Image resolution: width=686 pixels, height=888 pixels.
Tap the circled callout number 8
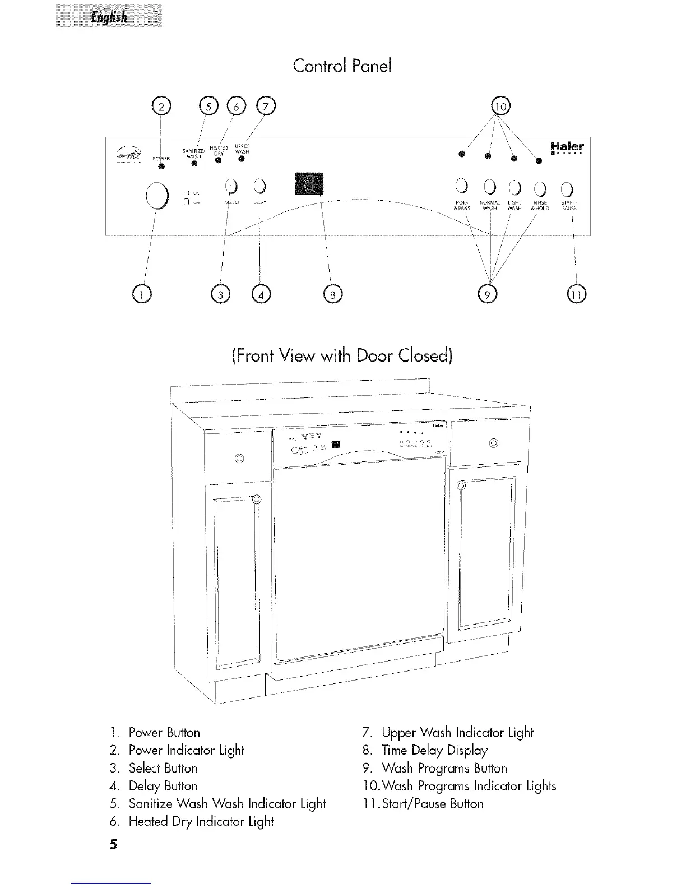pos(332,293)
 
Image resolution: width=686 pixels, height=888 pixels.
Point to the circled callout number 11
pos(576,293)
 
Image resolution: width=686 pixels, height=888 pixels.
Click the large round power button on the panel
pos(157,195)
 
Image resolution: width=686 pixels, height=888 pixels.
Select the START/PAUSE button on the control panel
pos(567,188)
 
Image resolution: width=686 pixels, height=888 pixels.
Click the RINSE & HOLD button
pos(540,188)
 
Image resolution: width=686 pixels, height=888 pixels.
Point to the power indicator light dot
pos(161,166)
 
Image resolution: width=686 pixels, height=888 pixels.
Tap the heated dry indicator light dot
pos(217,161)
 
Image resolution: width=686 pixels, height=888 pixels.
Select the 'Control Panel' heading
pos(342,66)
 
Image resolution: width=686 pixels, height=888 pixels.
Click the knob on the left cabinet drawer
pos(239,459)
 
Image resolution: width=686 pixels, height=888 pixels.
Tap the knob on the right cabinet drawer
pos(493,443)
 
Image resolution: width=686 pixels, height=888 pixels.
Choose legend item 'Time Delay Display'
pos(434,750)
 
